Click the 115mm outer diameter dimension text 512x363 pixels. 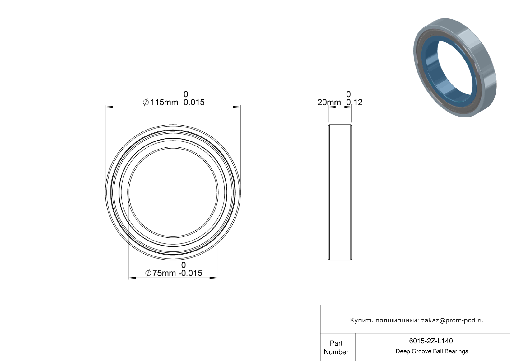164,103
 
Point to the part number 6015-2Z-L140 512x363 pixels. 431,341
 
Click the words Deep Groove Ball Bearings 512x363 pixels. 432,351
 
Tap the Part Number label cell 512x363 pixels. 336,347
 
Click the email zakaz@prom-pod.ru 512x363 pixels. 452,320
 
